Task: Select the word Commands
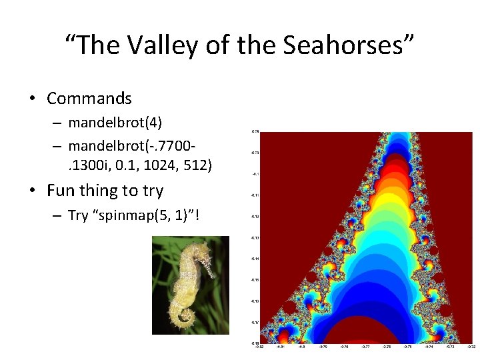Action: point(89,99)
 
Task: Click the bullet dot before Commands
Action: point(31,99)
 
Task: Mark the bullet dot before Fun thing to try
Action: point(31,191)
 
